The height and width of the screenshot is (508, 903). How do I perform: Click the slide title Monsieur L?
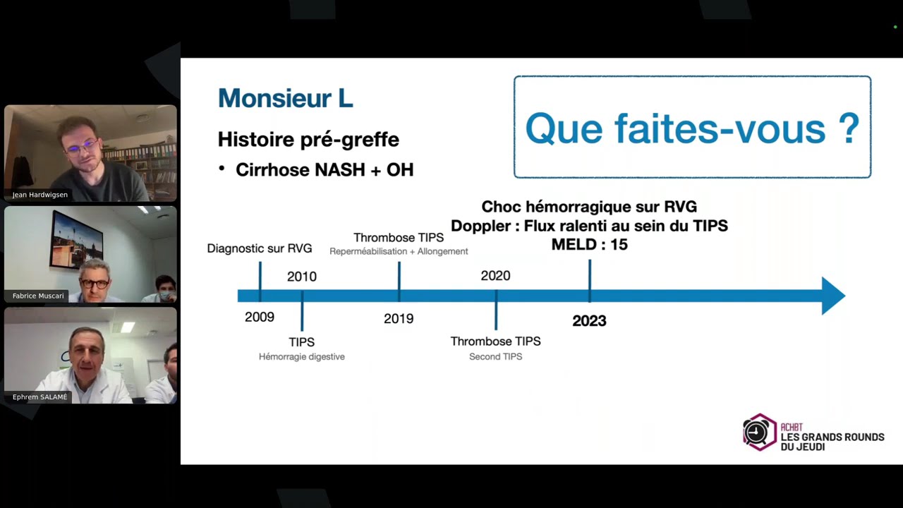[x=285, y=98]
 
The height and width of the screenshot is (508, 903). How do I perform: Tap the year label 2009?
[x=260, y=317]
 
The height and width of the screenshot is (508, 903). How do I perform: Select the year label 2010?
[x=302, y=277]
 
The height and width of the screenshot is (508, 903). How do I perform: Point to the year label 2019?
[x=399, y=319]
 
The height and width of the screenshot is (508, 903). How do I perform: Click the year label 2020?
[x=495, y=276]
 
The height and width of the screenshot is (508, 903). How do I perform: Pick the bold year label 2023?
[x=589, y=321]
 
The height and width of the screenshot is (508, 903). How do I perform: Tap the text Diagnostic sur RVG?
[x=260, y=248]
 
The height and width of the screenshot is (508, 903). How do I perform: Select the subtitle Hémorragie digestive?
[x=302, y=357]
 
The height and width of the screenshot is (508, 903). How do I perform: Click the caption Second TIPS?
[x=495, y=357]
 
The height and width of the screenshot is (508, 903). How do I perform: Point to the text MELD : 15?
[x=589, y=245]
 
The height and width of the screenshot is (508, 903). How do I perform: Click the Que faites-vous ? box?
[x=692, y=127]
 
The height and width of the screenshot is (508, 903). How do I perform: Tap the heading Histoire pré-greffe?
[x=308, y=140]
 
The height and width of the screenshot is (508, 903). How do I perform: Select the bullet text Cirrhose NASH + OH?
[x=325, y=170]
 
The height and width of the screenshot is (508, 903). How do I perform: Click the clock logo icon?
[x=759, y=432]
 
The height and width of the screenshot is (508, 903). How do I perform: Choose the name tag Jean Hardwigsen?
[x=40, y=195]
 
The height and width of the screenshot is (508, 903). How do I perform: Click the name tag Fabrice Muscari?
[x=38, y=296]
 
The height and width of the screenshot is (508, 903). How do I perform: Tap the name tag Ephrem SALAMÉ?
[x=40, y=397]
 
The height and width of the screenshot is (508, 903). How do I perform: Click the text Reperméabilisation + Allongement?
[x=399, y=252]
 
